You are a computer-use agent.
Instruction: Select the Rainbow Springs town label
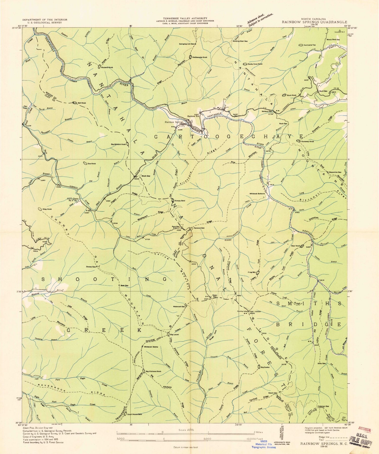click(x=174, y=122)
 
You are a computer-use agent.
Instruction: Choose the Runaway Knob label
click(x=307, y=141)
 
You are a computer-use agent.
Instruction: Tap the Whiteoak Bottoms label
click(x=257, y=194)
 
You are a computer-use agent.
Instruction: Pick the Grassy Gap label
click(x=91, y=267)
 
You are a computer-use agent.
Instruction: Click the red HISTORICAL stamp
click(x=364, y=430)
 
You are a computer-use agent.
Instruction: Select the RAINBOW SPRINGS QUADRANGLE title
click(x=315, y=22)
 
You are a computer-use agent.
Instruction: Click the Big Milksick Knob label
click(x=118, y=144)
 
